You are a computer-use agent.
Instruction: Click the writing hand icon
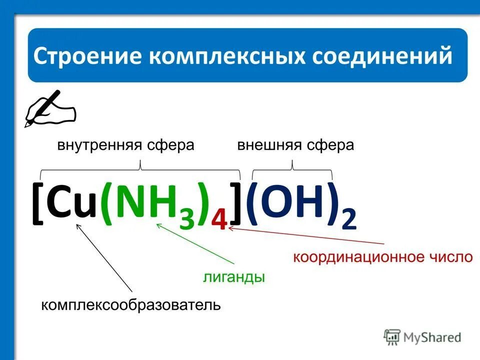[49, 108]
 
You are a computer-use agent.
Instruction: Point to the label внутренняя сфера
[125, 145]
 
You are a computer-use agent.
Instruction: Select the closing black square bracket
[236, 205]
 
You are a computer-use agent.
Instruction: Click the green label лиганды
[233, 277]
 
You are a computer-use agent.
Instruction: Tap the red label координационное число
[382, 257]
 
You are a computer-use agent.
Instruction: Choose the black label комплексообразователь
[130, 304]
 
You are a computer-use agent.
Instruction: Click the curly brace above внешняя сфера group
[292, 170]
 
